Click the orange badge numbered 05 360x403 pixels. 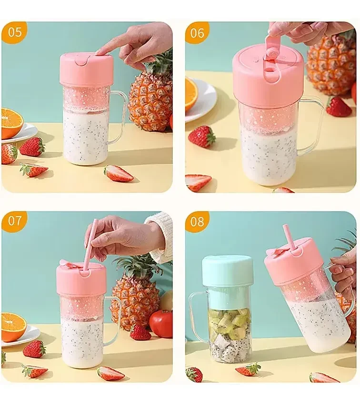pos(14,32)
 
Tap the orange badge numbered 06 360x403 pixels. pos(197,32)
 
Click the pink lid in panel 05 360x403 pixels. pos(86,69)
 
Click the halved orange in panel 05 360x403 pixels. pos(11,123)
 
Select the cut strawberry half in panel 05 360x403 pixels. pos(118,173)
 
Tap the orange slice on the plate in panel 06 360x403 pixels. pos(191,94)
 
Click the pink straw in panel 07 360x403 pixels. pos(90,243)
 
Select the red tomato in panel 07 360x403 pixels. pos(161,323)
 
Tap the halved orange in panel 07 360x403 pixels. pos(13,326)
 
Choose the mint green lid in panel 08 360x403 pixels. pos(227,271)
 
